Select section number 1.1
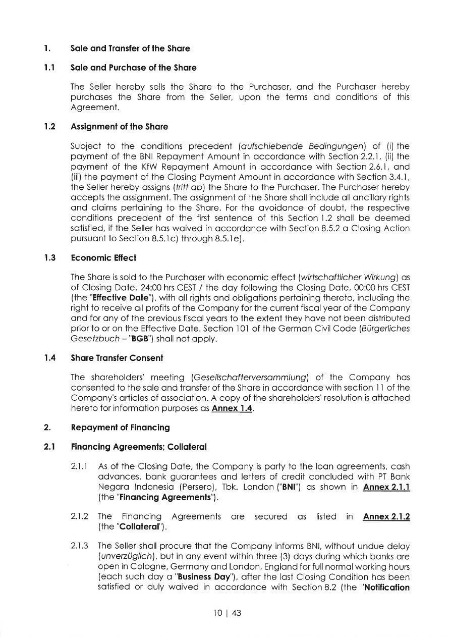[49, 68]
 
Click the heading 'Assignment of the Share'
[120, 126]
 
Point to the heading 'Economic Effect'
[103, 258]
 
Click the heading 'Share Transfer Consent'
[117, 358]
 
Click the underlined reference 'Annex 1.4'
[232, 408]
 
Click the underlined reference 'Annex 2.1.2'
[386, 517]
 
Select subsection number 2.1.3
[80, 546]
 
